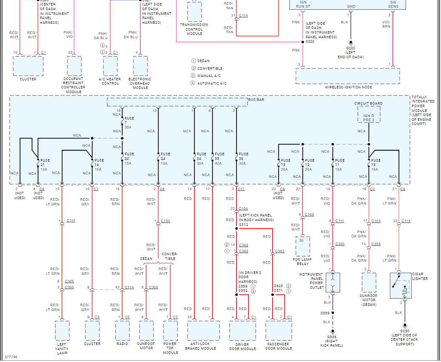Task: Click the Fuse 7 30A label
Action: pyautogui.click(x=129, y=123)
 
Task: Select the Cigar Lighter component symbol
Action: pyautogui.click(x=401, y=285)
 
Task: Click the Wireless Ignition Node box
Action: pyautogui.click(x=348, y=76)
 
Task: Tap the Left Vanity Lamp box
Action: pyautogui.click(x=62, y=331)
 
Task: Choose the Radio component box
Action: pyautogui.click(x=122, y=330)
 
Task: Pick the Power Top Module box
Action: pyautogui.click(x=170, y=330)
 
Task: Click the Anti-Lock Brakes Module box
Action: pyautogui.click(x=203, y=330)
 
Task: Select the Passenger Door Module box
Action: pyautogui.click(x=279, y=330)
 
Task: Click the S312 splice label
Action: pyautogui.click(x=243, y=224)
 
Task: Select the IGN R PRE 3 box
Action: pyautogui.click(x=369, y=114)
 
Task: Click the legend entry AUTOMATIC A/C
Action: pyautogui.click(x=212, y=84)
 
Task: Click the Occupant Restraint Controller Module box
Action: pyautogui.click(x=74, y=66)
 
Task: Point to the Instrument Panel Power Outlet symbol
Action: pyautogui.click(x=333, y=283)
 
